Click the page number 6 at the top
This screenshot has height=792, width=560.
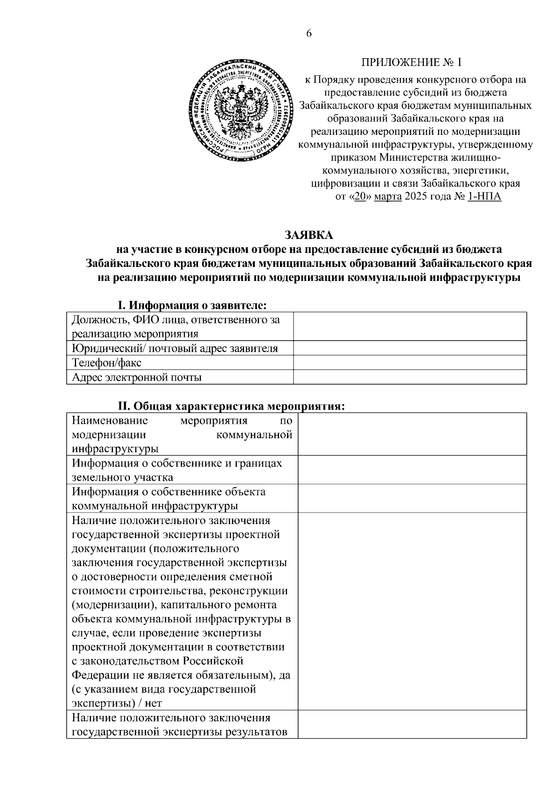(x=308, y=33)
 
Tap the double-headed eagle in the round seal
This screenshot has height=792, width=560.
(x=239, y=110)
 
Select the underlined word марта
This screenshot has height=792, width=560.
(x=387, y=196)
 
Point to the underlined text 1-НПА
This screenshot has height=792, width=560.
(x=484, y=196)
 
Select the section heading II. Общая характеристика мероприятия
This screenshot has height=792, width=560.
(x=231, y=407)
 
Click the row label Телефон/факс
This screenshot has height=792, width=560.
(x=107, y=363)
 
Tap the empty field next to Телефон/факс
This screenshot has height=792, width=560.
(x=410, y=363)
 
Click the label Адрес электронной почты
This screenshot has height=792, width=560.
(x=137, y=377)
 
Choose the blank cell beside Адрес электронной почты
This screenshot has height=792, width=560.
(x=410, y=377)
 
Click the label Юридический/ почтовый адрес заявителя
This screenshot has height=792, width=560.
(x=175, y=348)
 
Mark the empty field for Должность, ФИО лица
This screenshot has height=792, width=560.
(x=410, y=327)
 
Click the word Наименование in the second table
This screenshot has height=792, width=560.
(x=110, y=421)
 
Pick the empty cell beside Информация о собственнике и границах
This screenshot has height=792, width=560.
(x=412, y=470)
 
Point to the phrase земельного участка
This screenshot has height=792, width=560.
(x=122, y=477)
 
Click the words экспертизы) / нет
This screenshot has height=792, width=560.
(x=117, y=703)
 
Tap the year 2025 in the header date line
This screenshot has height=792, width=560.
(x=416, y=196)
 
